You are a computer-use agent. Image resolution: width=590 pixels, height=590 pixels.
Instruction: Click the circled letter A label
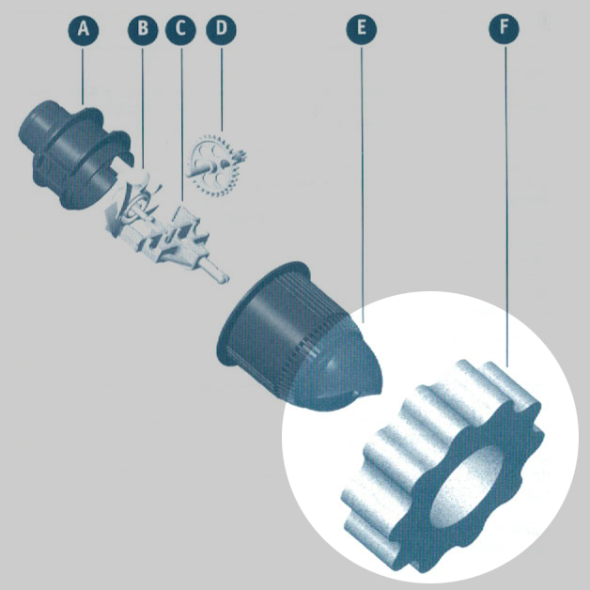pyautogui.click(x=84, y=30)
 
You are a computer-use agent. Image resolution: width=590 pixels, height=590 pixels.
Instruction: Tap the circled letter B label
pyautogui.click(x=143, y=30)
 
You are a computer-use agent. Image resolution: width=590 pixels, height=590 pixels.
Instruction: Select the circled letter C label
pyautogui.click(x=180, y=30)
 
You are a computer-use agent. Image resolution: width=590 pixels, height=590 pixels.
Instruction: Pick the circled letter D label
pyautogui.click(x=222, y=30)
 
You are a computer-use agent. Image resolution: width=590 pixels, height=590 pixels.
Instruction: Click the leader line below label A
pyautogui.click(x=83, y=75)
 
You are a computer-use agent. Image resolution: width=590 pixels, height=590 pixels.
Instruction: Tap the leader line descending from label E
pyautogui.click(x=362, y=184)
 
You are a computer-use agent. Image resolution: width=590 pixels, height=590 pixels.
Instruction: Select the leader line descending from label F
pyautogui.click(x=505, y=206)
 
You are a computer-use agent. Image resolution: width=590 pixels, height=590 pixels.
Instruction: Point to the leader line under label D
pyautogui.click(x=222, y=88)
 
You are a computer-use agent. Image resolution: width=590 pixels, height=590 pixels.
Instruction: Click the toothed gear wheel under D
pyautogui.click(x=215, y=165)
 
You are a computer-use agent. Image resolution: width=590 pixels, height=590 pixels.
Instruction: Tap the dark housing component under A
pyautogui.click(x=76, y=153)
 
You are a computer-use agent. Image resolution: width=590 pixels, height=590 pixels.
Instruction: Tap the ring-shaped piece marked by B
pyautogui.click(x=136, y=206)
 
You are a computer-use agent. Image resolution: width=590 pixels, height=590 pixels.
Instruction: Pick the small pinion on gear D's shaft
pyautogui.click(x=240, y=155)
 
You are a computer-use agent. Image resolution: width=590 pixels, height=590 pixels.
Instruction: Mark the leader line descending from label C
pyautogui.click(x=182, y=123)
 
